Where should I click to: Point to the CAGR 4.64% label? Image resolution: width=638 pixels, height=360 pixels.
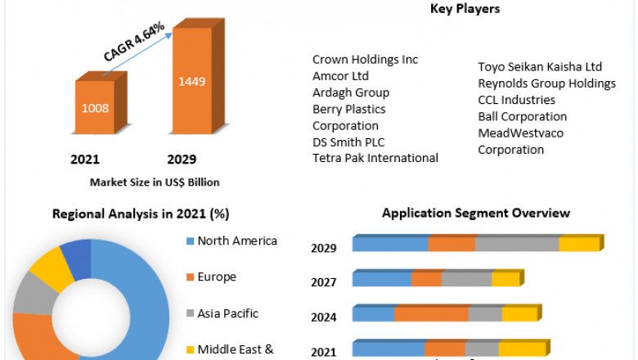tap(134, 42)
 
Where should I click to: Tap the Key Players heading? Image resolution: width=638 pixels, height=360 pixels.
tap(465, 9)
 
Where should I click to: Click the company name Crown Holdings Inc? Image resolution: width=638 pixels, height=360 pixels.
tap(365, 60)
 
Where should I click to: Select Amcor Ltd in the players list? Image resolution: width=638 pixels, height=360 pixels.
tap(340, 76)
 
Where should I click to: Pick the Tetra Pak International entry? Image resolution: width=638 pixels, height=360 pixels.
tap(375, 158)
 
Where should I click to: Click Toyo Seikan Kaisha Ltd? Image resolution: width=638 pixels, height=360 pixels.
tap(540, 67)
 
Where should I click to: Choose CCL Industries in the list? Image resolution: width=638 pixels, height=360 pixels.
tap(516, 100)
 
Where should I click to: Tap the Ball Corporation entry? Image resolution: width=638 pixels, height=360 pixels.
tap(522, 116)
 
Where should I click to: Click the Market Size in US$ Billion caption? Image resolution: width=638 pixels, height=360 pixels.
tap(155, 182)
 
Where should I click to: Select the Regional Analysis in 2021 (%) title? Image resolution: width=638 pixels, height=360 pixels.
tap(141, 214)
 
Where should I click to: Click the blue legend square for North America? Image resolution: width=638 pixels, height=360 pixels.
tap(191, 241)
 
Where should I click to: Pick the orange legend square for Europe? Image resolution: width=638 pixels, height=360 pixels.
tap(191, 277)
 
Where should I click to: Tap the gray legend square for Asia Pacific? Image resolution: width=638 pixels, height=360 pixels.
tap(191, 313)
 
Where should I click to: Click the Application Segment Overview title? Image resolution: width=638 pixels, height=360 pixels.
tap(476, 214)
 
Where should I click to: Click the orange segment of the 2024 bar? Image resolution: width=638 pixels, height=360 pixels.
tap(431, 314)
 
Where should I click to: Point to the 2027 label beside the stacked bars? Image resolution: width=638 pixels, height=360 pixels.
tap(323, 282)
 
